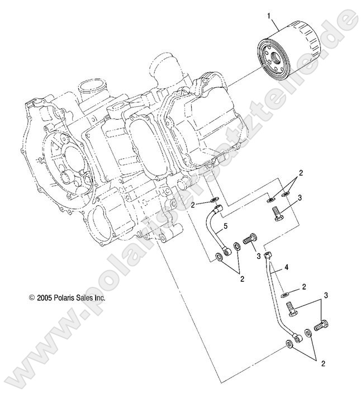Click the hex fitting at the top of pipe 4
[x=268, y=255]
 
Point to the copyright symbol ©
[x=32, y=299]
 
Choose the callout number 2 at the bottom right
[x=322, y=364]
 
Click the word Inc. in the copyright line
[x=98, y=299]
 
